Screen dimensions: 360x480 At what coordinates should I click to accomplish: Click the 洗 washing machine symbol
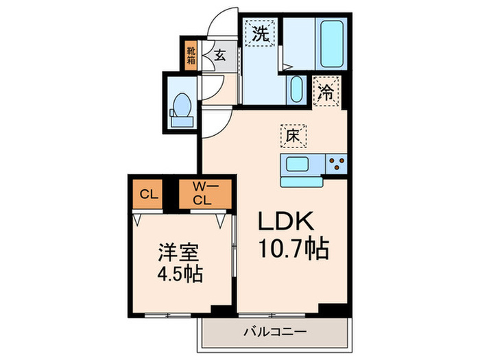261,34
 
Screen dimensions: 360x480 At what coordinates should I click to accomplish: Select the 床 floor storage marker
292,136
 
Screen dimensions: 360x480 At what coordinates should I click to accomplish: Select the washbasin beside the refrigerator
296,89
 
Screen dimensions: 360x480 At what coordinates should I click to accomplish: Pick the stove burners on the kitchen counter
336,163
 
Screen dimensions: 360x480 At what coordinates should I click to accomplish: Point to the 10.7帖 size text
293,248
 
